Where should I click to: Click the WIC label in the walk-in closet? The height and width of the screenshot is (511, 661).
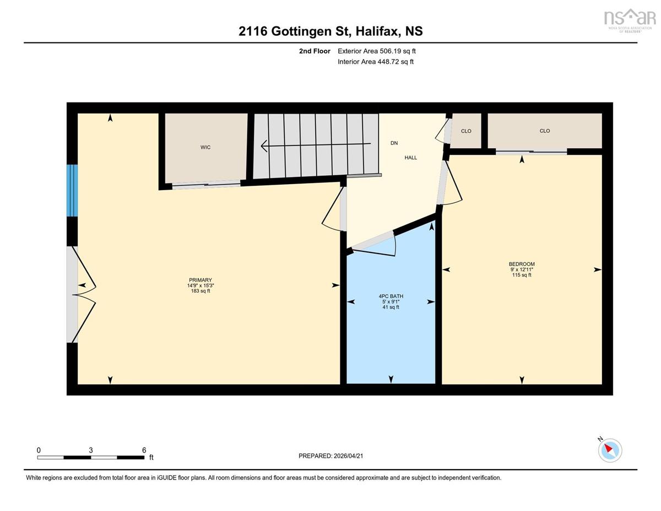[x=205, y=147]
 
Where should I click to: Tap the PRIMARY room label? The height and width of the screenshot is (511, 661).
[x=201, y=280]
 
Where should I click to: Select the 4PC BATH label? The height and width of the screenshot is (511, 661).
[x=391, y=296]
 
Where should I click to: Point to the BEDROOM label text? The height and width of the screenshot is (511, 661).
[x=522, y=264]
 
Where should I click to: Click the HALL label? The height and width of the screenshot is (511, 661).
[x=411, y=158]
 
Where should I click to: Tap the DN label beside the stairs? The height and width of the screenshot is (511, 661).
[x=394, y=143]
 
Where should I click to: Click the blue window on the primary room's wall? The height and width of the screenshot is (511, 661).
[x=72, y=191]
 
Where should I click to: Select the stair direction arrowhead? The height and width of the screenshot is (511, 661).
[x=264, y=146]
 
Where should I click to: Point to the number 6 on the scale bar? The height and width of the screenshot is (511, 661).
[x=144, y=450]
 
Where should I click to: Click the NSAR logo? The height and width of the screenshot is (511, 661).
[x=630, y=21]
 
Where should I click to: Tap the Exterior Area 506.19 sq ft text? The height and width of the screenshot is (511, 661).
[x=377, y=51]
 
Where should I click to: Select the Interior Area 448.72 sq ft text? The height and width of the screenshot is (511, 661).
[x=376, y=62]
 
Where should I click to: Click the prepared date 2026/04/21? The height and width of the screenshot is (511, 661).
[x=348, y=456]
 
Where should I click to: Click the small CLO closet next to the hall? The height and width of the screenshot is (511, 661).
[x=465, y=131]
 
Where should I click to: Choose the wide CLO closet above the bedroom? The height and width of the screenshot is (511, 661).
[x=545, y=131]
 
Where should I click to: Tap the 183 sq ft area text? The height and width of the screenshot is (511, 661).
[x=201, y=291]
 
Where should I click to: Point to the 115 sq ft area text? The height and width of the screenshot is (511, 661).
[x=522, y=275]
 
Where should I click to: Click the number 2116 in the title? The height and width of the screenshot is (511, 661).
[x=253, y=31]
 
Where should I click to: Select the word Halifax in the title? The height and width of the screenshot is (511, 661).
[x=377, y=31]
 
